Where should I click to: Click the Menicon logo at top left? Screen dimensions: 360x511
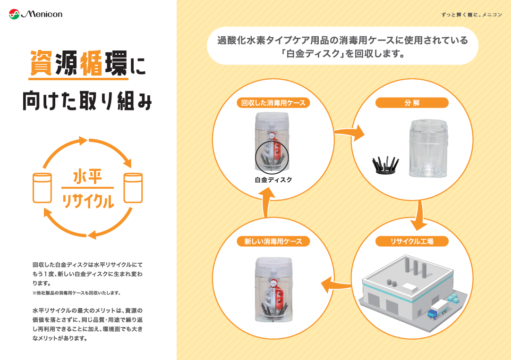coord(35,14)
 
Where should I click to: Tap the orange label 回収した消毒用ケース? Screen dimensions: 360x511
coord(273,102)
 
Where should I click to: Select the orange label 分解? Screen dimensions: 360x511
coord(412,102)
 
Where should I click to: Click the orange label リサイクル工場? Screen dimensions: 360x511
coord(412,241)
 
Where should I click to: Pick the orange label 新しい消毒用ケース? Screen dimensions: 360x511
coord(273,241)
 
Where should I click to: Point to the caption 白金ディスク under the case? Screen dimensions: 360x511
coord(273,180)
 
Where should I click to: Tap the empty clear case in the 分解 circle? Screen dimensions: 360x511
coord(427,148)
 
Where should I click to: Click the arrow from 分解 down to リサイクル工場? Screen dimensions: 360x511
coord(417,215)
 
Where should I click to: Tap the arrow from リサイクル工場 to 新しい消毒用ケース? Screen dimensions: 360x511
coord(336,284)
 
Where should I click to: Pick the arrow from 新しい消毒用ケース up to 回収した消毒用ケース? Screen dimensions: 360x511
coord(267,201)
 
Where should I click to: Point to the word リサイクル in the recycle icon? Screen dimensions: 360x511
coord(88,201)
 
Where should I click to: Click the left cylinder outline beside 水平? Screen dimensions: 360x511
coord(42,188)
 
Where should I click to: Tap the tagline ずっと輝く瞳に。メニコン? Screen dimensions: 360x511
coord(471,15)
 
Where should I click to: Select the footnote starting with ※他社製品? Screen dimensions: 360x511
coord(77,293)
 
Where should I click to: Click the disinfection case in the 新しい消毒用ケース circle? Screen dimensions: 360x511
coord(273,290)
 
